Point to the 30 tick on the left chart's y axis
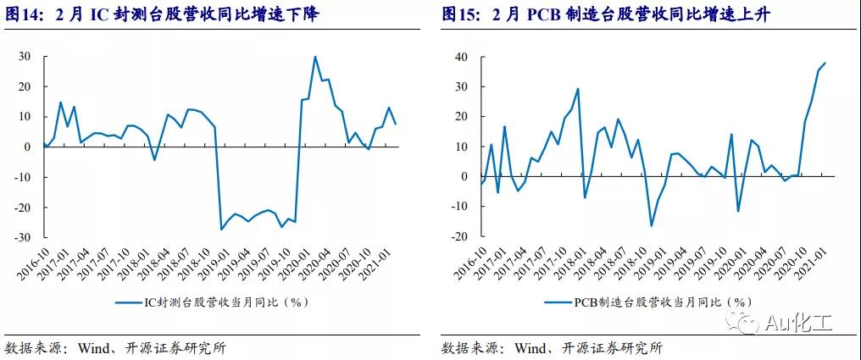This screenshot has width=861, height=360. pyautogui.click(x=25, y=56)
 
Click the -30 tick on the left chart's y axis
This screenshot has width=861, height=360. pyautogui.click(x=22, y=237)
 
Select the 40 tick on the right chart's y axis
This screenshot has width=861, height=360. pyautogui.click(x=462, y=56)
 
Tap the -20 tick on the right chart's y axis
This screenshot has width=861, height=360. pyautogui.click(x=459, y=237)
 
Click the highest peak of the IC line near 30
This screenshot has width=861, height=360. pyautogui.click(x=315, y=57)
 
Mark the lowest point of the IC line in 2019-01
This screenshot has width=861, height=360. pyautogui.click(x=221, y=229)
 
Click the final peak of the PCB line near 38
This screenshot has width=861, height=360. pyautogui.click(x=825, y=63)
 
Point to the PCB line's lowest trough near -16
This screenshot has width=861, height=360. pyautogui.click(x=652, y=225)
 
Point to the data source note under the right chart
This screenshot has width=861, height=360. pyautogui.click(x=552, y=348)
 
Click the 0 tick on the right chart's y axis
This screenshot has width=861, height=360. pyautogui.click(x=465, y=177)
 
